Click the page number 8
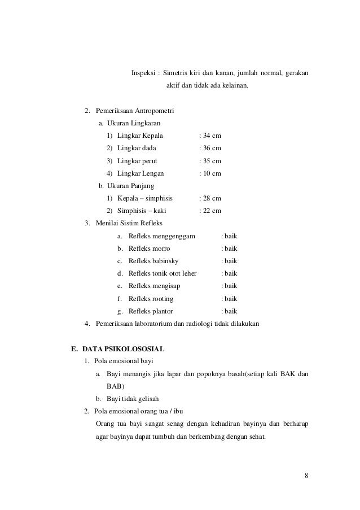pyautogui.click(x=306, y=474)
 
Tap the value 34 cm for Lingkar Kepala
pyautogui.click(x=212, y=136)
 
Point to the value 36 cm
pyautogui.click(x=212, y=148)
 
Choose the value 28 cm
pyautogui.click(x=212, y=198)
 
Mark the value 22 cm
pyautogui.click(x=212, y=211)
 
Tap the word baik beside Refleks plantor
pyautogui.click(x=231, y=311)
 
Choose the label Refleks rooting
pyautogui.click(x=151, y=299)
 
